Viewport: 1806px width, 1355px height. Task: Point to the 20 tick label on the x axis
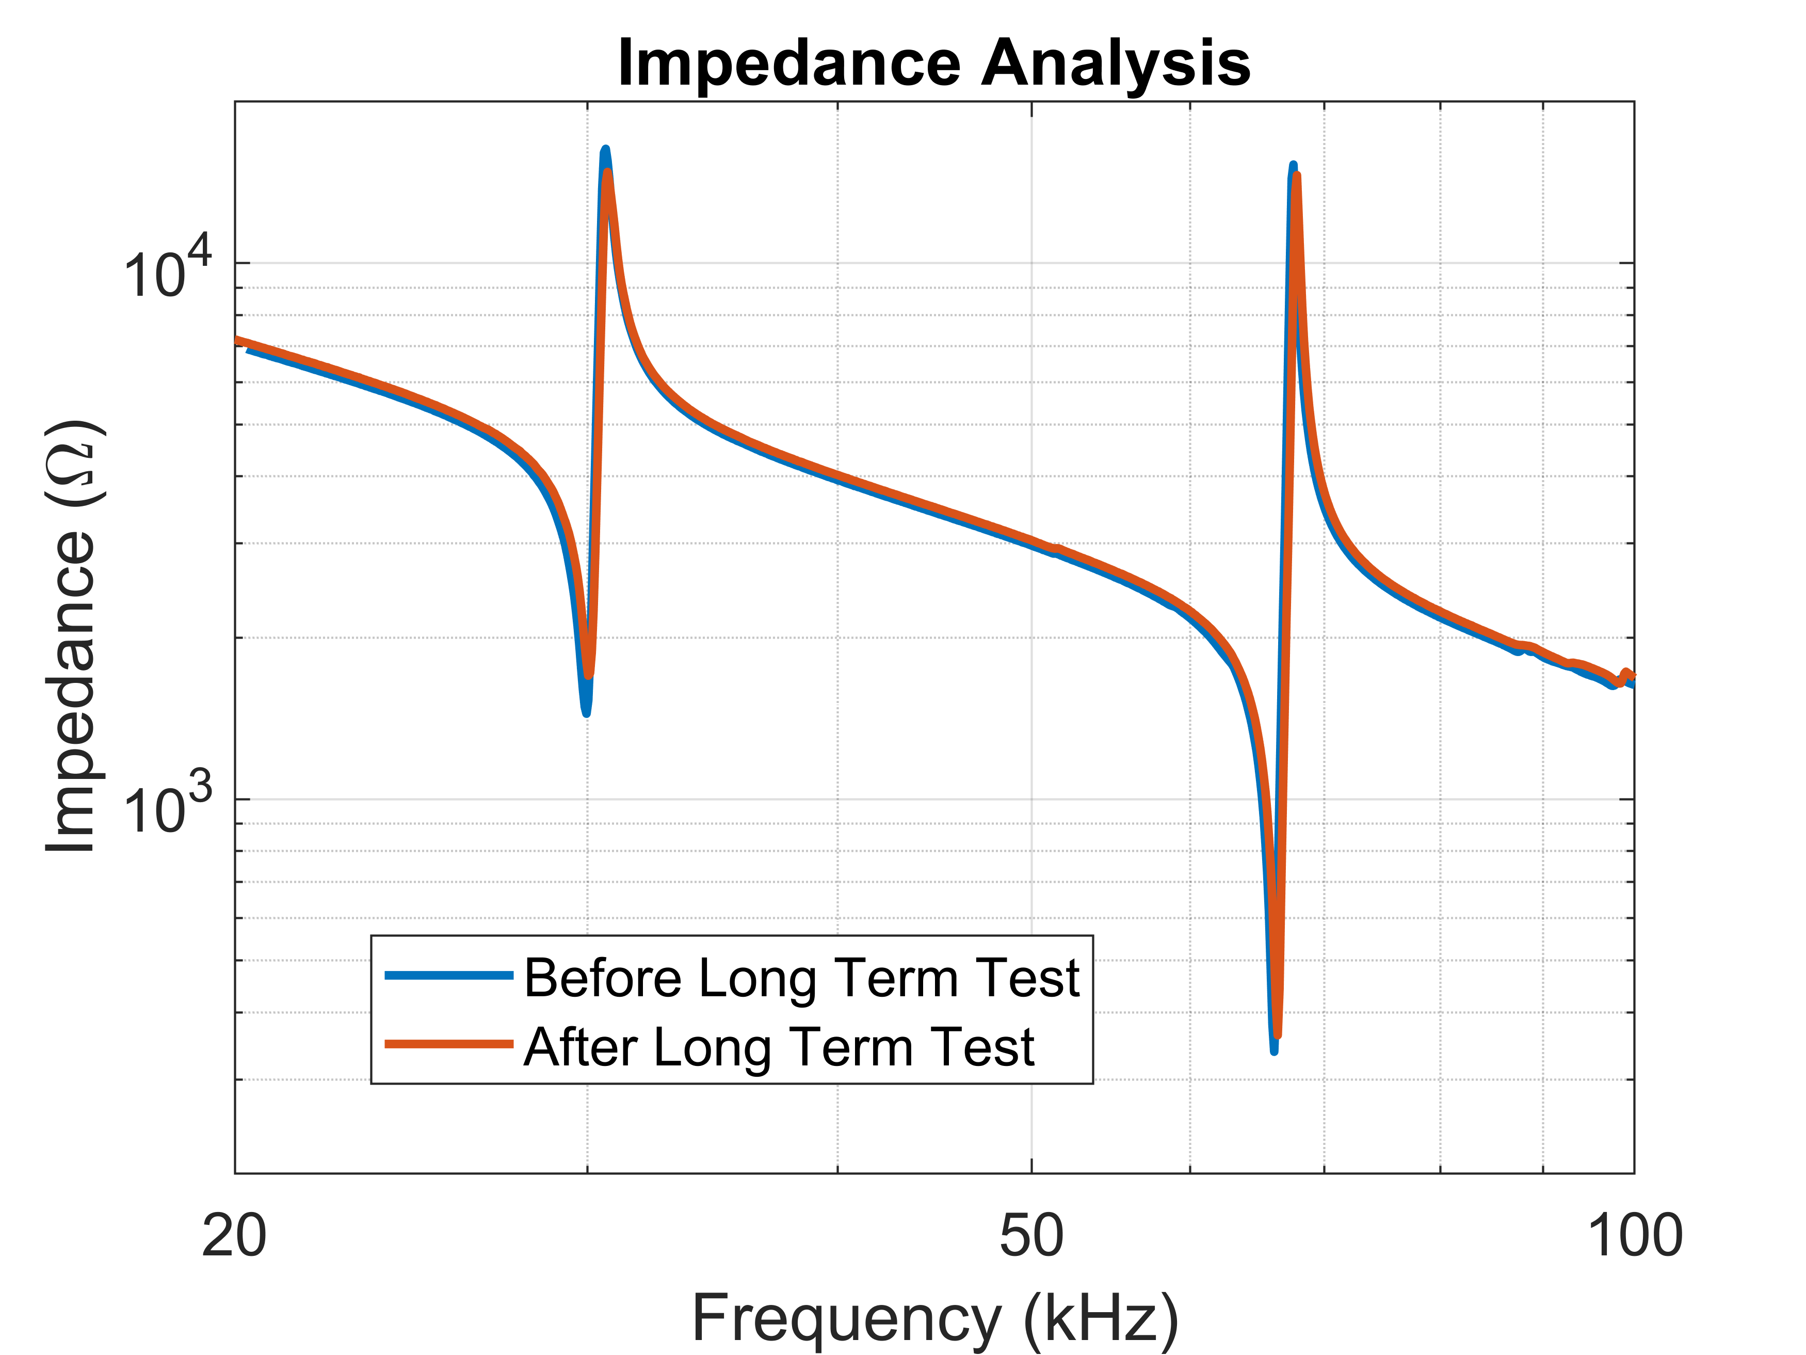[234, 1236]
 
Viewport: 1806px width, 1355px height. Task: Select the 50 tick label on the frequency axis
[1031, 1236]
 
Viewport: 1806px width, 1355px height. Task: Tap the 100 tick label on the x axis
[1634, 1236]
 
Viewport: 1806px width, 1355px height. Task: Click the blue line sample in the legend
[448, 975]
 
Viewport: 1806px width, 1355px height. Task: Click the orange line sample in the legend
[448, 1044]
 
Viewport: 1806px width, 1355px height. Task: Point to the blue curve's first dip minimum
[586, 712]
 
